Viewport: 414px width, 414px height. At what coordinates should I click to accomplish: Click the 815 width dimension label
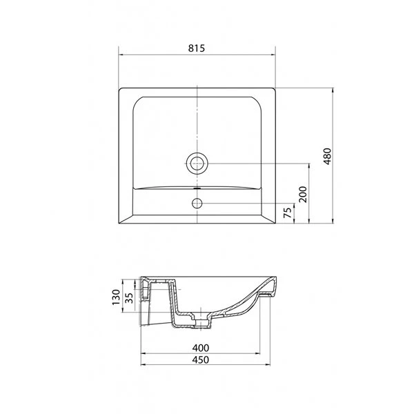[x=197, y=48]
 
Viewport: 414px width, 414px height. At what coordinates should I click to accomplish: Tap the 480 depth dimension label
[x=327, y=157]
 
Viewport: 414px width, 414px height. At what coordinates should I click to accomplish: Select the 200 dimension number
[x=303, y=195]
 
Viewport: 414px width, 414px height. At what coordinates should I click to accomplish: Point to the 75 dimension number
[x=288, y=213]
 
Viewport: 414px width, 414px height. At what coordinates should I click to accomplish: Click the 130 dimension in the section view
[x=116, y=297]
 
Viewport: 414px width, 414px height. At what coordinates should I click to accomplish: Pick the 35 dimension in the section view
[x=129, y=297]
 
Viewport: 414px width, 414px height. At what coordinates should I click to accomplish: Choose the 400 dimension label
[x=200, y=348]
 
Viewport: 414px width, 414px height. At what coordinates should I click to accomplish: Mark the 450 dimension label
[x=200, y=359]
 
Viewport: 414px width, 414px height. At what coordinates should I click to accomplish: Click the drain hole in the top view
[x=197, y=164]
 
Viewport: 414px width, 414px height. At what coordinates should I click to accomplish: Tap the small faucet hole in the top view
[x=197, y=203]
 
